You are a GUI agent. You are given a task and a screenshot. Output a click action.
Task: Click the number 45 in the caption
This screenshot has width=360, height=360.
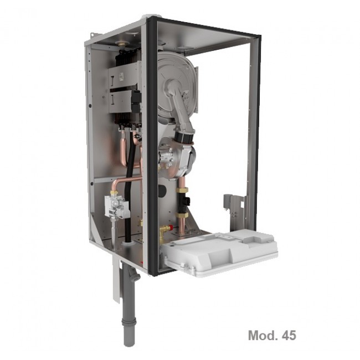click(x=289, y=335)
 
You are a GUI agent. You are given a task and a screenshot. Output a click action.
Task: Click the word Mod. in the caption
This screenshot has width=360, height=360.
click(x=263, y=335)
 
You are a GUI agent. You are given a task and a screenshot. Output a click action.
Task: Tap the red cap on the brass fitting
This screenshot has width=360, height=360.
click(x=169, y=228)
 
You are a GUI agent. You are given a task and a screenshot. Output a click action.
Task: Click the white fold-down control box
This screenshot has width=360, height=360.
click(x=219, y=250)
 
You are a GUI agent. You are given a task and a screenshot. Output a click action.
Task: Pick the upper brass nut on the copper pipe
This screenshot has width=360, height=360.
click(x=182, y=190)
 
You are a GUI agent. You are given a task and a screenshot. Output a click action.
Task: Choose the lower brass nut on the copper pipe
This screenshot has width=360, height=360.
click(x=182, y=215)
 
